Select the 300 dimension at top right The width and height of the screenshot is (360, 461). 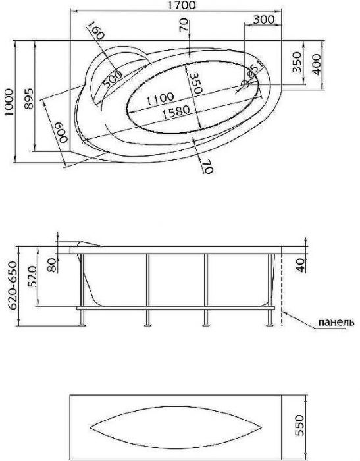pos(263,19)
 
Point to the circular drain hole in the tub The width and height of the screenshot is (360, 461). pos(245,84)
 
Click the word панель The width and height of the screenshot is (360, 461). pos(336,322)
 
